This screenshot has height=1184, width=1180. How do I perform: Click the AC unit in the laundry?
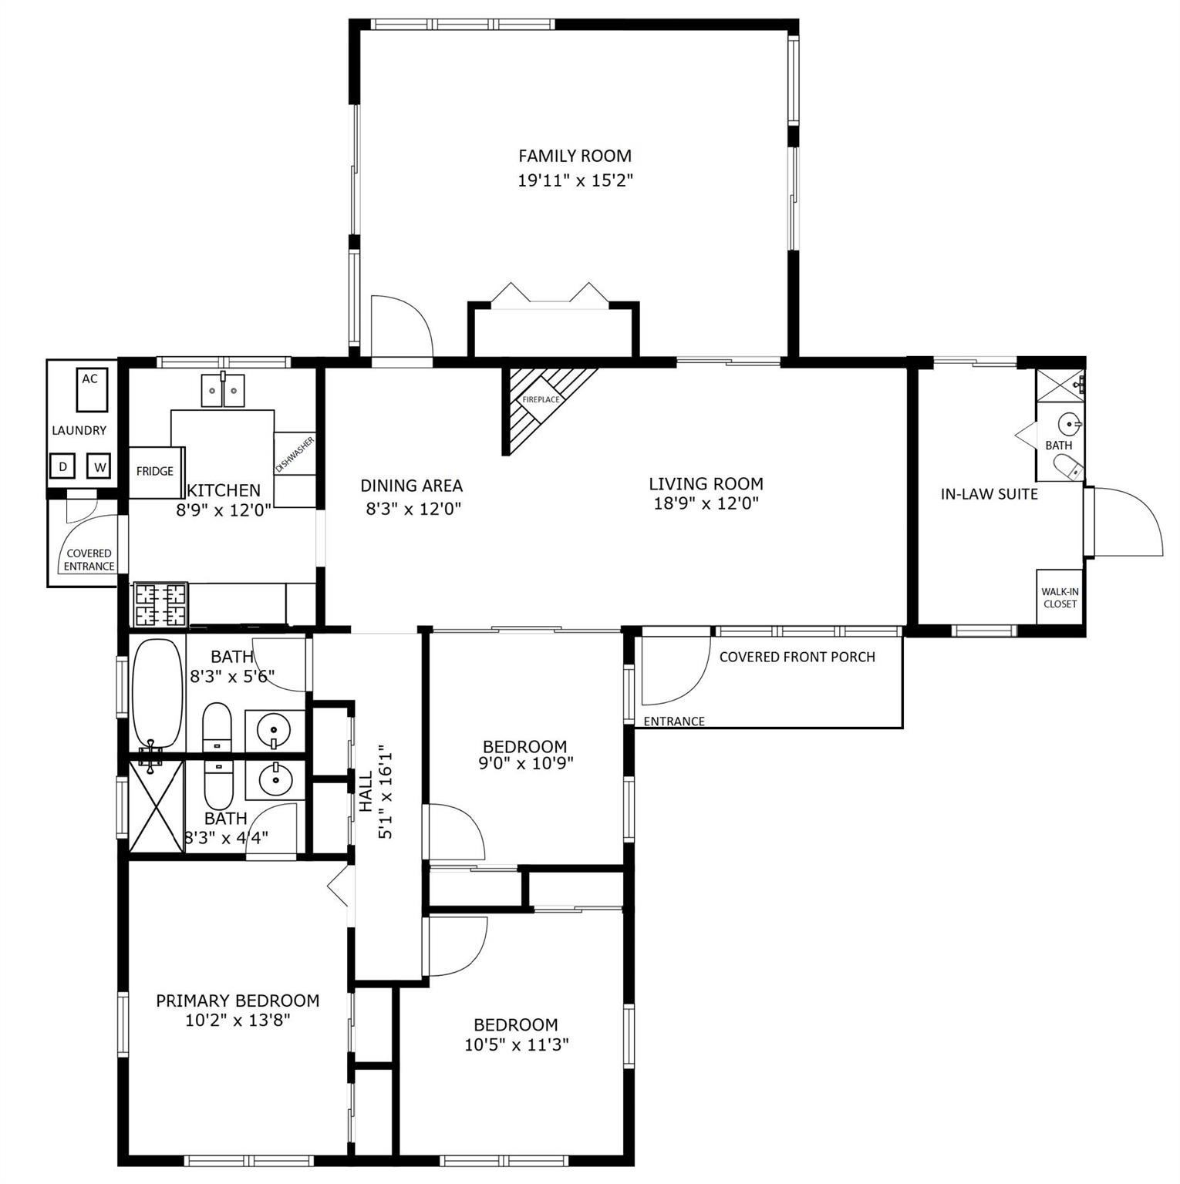point(90,390)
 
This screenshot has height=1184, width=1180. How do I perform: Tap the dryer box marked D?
point(62,466)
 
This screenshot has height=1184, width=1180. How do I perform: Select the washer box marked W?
point(99,466)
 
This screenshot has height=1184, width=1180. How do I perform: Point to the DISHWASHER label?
point(295,455)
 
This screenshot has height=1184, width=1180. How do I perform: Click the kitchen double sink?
point(223,390)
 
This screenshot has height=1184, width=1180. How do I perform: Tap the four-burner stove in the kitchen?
point(160,604)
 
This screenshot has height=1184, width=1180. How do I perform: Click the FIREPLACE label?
point(541,399)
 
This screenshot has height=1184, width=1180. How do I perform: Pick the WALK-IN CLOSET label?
point(1060,597)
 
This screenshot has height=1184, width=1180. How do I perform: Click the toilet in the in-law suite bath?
point(1070,467)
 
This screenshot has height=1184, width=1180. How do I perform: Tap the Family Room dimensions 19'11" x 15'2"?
point(575,181)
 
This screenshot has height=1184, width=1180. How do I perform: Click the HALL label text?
point(366,792)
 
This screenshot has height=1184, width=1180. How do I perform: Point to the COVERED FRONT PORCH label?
point(797,657)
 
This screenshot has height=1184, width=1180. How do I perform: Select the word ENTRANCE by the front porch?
point(674,721)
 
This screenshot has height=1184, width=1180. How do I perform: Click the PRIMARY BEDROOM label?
point(238,1001)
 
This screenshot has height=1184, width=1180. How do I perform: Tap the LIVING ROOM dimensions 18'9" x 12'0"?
point(706,504)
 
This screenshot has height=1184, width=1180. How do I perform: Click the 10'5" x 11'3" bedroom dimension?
point(517,1045)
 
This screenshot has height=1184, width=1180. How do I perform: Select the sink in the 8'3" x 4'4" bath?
point(275,780)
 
